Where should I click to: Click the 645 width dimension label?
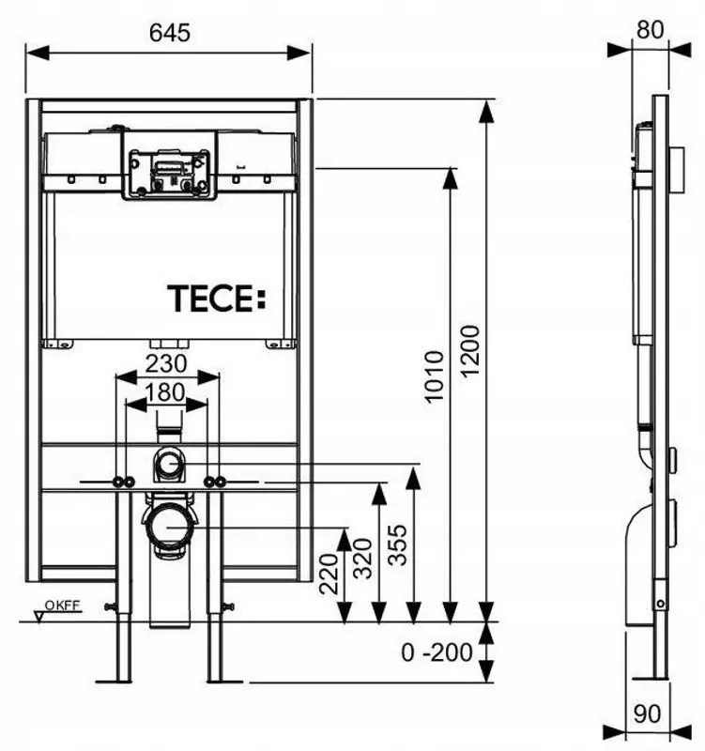pos(169,32)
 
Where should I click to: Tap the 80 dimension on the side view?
pos(649,29)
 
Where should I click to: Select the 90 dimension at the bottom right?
pos(648,714)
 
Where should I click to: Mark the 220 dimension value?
pos(330,574)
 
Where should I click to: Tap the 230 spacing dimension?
pos(166,362)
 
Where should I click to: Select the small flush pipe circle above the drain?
pos(169,463)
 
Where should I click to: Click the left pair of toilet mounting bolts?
pos(122,483)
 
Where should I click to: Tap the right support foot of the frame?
pos(215,657)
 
